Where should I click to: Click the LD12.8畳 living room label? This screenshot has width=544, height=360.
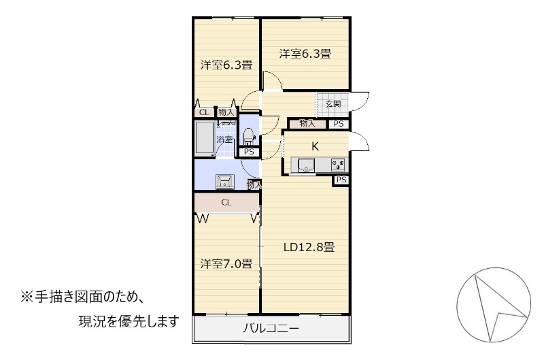[309, 248]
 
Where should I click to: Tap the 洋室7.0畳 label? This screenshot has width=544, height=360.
[226, 264]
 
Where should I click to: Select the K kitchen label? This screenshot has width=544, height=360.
[315, 146]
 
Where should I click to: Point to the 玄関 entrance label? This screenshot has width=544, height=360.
[333, 104]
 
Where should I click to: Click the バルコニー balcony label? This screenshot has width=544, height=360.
[271, 328]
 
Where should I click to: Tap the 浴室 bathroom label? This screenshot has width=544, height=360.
[224, 140]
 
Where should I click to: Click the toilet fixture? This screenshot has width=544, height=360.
[248, 136]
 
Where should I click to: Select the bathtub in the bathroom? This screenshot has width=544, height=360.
[204, 139]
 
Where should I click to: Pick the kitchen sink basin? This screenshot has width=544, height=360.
[305, 165]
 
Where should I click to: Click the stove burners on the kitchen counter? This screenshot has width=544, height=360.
[338, 165]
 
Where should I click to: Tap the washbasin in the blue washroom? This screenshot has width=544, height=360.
[225, 181]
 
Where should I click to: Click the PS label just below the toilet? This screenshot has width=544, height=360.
[249, 152]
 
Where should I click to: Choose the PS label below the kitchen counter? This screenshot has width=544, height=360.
[341, 180]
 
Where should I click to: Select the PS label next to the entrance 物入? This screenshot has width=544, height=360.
[339, 124]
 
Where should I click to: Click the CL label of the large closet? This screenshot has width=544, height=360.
[226, 202]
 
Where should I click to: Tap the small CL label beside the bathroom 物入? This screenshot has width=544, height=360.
[204, 112]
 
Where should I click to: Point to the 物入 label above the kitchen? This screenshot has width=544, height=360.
[307, 123]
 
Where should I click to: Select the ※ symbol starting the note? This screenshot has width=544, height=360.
[27, 297]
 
